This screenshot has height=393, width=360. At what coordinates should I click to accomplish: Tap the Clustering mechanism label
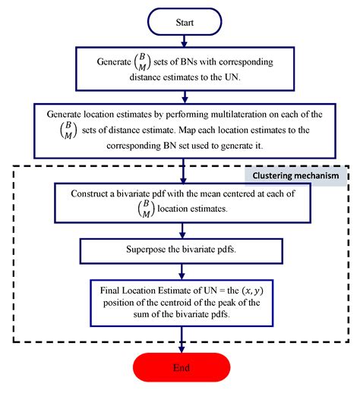pos(295,175)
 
